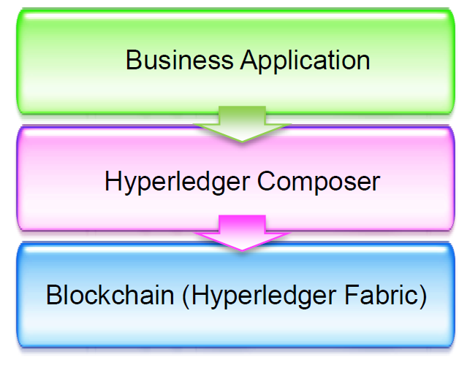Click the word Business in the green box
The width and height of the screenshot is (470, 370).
(180, 60)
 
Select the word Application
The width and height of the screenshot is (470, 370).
(305, 61)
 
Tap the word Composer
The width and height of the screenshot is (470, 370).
(319, 182)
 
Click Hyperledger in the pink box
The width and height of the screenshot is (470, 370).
(177, 182)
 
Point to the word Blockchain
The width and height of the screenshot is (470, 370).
(110, 295)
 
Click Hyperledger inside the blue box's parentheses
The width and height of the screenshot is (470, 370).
(264, 296)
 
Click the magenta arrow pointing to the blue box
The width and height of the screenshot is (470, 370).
(242, 233)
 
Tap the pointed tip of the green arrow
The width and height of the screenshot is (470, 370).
(242, 142)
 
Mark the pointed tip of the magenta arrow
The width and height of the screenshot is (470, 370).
(242, 250)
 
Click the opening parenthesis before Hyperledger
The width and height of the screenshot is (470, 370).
(186, 296)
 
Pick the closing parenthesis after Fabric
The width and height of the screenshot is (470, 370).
(423, 296)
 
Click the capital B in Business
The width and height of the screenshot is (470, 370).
(134, 60)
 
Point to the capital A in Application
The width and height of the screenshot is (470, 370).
(250, 60)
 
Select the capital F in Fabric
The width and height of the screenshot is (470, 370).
(352, 294)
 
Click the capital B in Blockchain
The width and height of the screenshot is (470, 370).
(54, 294)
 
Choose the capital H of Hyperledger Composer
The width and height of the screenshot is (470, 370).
(113, 181)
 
